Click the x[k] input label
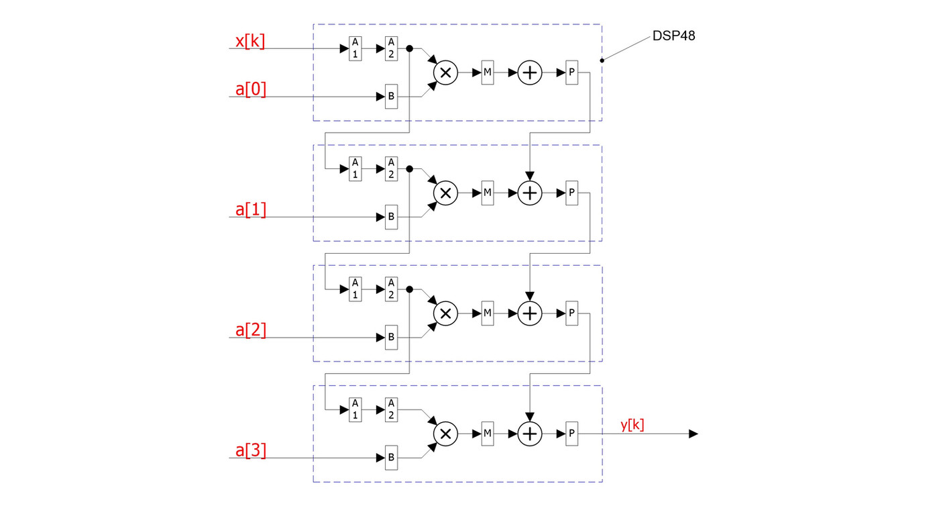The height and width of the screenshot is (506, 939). (x=250, y=42)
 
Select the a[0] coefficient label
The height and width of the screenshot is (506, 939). (x=251, y=89)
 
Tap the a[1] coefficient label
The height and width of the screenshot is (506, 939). (x=251, y=209)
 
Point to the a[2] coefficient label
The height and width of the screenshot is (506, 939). (x=251, y=330)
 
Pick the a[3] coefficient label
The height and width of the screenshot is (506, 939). (x=251, y=450)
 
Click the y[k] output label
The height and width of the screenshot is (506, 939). (x=632, y=424)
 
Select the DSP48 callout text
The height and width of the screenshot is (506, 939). (x=673, y=36)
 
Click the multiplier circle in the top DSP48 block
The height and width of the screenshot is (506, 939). (x=445, y=72)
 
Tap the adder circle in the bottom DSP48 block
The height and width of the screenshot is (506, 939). (x=530, y=434)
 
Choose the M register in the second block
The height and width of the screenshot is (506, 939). (x=488, y=193)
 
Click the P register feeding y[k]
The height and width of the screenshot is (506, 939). (x=571, y=434)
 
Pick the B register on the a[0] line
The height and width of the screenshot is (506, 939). (x=391, y=97)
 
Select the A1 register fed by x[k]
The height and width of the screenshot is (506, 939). (x=355, y=49)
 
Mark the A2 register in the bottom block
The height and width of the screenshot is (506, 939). (x=391, y=410)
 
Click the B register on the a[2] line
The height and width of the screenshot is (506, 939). (x=391, y=338)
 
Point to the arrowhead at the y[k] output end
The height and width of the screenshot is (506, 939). (x=694, y=434)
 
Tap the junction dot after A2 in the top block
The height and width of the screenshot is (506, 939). (x=409, y=49)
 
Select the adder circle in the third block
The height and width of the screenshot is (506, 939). (x=530, y=313)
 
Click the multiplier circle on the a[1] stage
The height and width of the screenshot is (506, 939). (x=445, y=193)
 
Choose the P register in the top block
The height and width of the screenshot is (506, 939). (x=571, y=72)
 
